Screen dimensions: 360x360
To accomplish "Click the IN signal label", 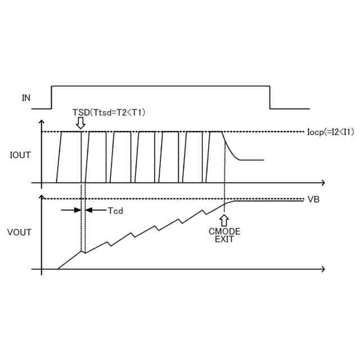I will (26, 98).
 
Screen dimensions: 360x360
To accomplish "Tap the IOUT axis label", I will (21, 154).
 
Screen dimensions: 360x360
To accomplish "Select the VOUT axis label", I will (20, 232).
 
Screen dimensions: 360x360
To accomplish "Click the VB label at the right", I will (314, 200).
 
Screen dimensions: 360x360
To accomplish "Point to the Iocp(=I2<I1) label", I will (331, 132).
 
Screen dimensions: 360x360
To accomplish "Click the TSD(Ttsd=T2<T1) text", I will (109, 112).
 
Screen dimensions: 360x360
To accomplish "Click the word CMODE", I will (224, 231).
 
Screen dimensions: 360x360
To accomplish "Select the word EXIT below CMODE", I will (224, 239).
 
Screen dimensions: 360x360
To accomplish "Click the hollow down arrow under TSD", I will (81, 122).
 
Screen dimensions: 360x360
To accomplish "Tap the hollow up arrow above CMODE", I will (224, 219).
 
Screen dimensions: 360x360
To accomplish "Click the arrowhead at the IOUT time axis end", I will (322, 183).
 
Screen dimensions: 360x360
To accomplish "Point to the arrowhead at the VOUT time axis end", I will (322, 269).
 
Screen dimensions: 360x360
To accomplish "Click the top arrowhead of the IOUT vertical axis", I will (41, 122).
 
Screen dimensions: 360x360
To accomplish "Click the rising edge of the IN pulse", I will (52, 97).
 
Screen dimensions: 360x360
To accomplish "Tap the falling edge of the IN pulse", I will (269, 97).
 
